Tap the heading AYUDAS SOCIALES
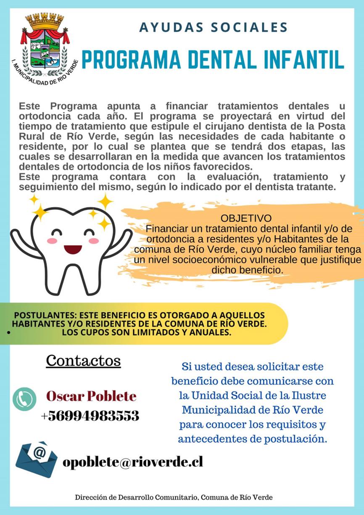coord(214,28)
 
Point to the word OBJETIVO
coord(246,219)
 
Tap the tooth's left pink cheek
coord(52,241)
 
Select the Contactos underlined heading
coord(83,360)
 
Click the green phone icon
coord(25,398)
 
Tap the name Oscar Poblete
coord(91,396)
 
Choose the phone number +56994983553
coord(90,416)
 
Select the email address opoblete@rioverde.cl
coord(133,462)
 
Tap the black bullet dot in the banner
coord(8,332)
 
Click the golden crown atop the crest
coord(44,21)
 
